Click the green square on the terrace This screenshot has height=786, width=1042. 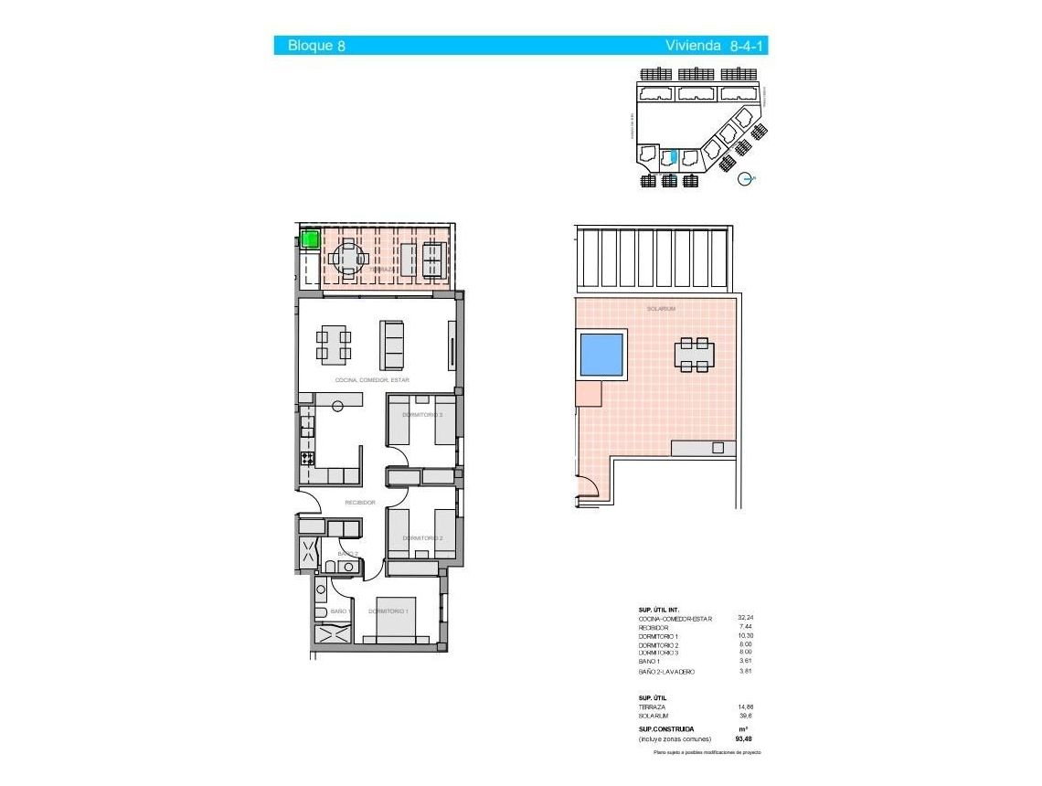click(310, 240)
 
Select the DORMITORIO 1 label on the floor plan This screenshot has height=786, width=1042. click(388, 611)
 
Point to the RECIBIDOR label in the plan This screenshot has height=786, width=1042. click(360, 503)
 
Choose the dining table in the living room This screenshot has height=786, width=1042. click(334, 344)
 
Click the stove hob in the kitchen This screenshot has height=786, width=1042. click(308, 458)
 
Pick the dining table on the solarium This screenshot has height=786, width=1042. click(695, 355)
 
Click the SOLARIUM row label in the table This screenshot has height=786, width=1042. click(654, 716)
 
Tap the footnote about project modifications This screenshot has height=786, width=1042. click(707, 752)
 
